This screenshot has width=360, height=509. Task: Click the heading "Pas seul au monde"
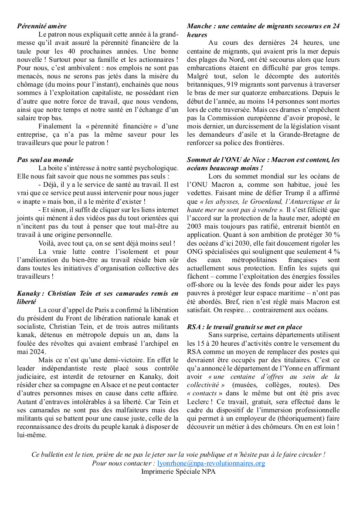(x=45, y=160)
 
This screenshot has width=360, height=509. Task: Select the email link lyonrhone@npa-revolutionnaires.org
(x=211, y=463)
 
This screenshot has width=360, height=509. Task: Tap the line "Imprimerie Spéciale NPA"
(x=178, y=471)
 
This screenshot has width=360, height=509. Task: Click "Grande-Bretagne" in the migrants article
(x=291, y=135)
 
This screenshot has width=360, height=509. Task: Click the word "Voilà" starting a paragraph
(x=47, y=243)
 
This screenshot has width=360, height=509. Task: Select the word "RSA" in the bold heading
(x=195, y=327)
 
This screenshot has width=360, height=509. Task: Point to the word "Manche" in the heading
(x=198, y=26)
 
